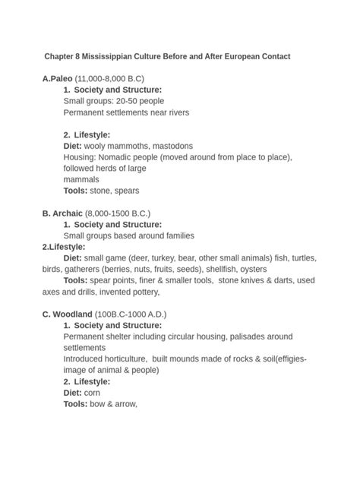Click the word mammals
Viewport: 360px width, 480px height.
coord(81,179)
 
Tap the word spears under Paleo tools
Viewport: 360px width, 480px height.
coord(125,191)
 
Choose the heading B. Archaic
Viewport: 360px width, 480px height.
coord(61,213)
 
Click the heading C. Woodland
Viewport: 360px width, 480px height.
coord(66,314)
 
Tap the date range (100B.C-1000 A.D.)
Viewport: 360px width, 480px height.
coord(130,314)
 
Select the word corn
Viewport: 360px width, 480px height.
coord(93,393)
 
